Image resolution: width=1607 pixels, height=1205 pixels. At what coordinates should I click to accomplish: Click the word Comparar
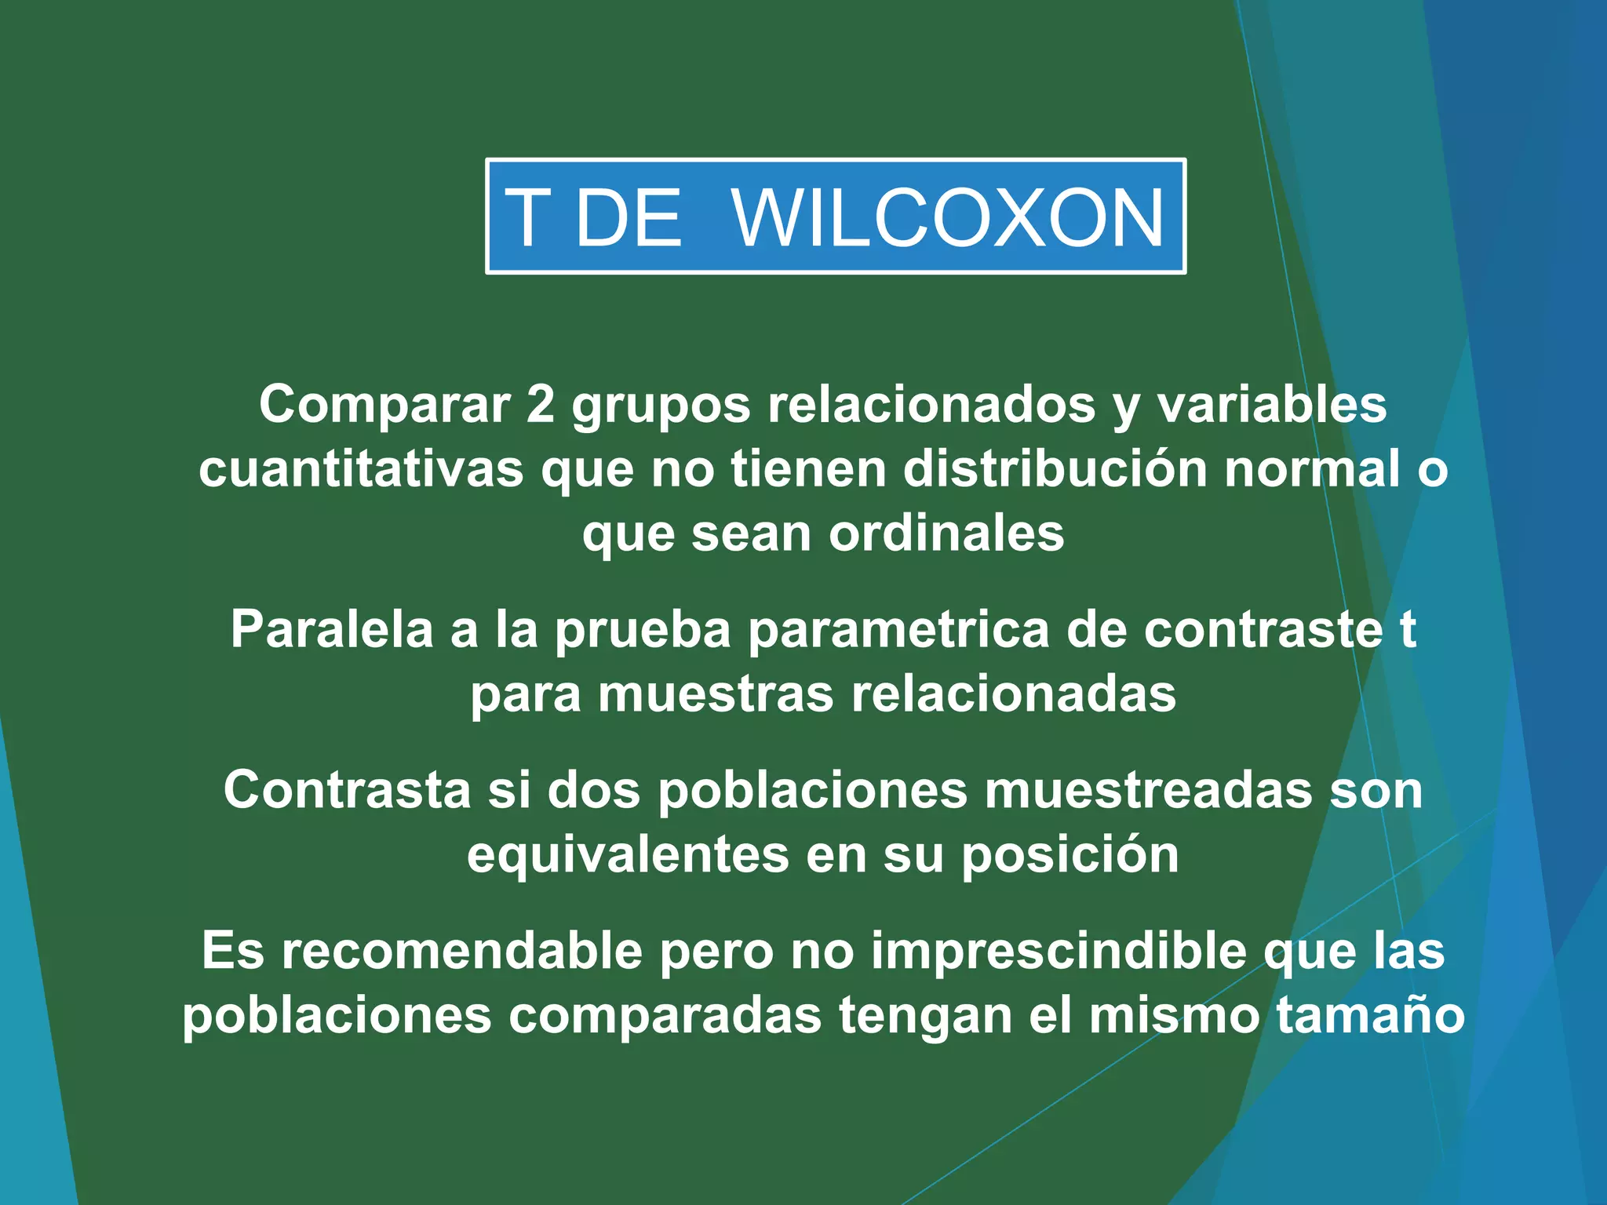tap(384, 405)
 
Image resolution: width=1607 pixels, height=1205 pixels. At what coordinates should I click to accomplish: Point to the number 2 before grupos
tap(541, 405)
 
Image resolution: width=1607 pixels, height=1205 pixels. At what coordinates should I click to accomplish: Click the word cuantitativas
tap(361, 469)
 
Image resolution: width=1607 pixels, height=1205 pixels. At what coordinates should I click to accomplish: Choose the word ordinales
tap(946, 533)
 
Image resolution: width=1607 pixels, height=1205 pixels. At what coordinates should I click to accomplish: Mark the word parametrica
tap(898, 631)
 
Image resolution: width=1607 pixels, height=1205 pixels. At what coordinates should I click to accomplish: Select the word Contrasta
tap(347, 789)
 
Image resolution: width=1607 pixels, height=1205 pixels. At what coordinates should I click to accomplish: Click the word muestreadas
tap(1148, 789)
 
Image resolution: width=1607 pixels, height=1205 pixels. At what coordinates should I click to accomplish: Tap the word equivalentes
tap(628, 854)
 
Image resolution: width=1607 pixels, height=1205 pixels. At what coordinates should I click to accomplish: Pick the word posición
tap(1070, 855)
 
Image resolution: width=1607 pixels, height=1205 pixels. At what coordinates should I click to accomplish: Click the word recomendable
tap(461, 951)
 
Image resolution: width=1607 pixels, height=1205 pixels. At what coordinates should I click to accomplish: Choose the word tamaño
tap(1370, 1016)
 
